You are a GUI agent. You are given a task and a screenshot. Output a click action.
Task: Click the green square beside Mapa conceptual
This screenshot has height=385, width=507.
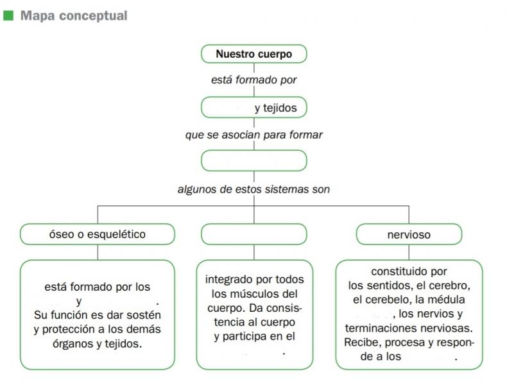tap(8, 15)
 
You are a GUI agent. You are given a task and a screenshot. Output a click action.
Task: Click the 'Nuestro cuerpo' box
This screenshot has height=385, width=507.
tap(254, 54)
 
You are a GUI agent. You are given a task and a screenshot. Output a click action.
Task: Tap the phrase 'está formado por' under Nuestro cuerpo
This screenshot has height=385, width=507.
tap(254, 80)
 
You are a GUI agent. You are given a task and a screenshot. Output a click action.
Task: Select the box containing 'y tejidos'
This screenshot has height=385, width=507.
tap(254, 107)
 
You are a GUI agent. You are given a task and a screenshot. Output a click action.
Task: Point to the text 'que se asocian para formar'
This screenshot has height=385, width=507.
tap(254, 135)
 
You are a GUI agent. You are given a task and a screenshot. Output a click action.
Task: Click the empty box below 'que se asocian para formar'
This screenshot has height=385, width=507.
tap(254, 160)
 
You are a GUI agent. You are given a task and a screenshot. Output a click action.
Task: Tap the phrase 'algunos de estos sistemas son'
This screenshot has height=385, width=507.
tap(254, 189)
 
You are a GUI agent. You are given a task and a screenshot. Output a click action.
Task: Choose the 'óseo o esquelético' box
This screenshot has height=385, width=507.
tap(98, 234)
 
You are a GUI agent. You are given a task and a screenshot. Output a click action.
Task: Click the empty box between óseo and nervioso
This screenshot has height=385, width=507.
tap(254, 234)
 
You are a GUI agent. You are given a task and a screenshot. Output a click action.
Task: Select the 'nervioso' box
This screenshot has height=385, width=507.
tap(409, 234)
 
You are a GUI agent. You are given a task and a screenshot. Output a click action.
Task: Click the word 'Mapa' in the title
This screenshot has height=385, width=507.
tap(37, 16)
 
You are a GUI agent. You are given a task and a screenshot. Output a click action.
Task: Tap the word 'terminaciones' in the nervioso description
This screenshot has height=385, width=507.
tap(380, 328)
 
